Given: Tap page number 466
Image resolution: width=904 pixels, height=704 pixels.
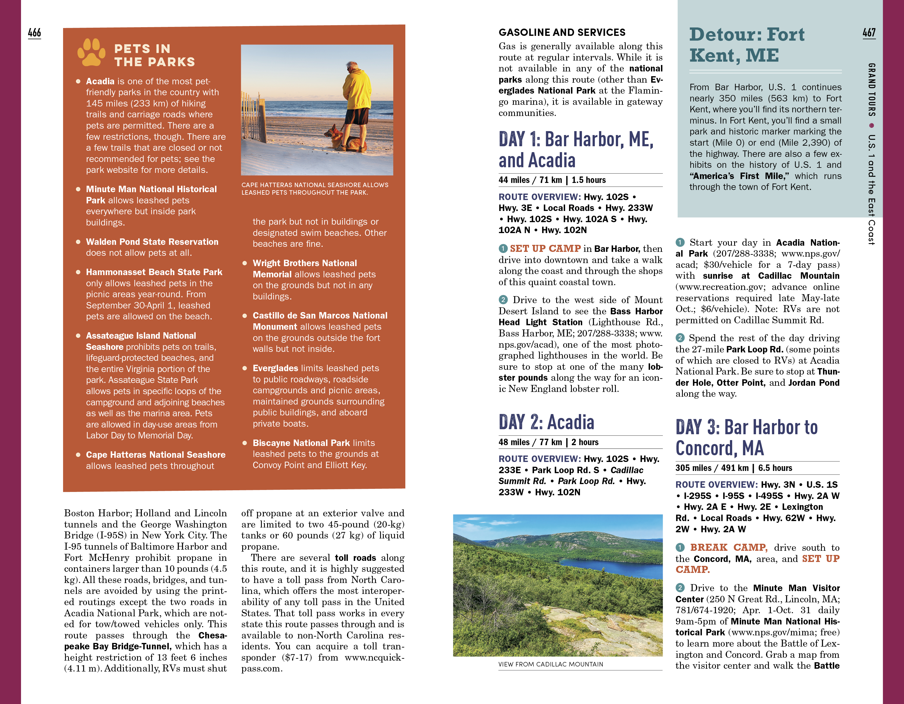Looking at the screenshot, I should (34, 33).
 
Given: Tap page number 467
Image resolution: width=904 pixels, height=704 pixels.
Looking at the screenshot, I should (869, 33).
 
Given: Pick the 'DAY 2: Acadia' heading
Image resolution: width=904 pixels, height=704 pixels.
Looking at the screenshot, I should (546, 422).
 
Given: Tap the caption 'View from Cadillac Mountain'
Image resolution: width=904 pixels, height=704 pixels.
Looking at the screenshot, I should (551, 664).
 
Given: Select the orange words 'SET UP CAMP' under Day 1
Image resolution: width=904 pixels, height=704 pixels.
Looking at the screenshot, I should (545, 248).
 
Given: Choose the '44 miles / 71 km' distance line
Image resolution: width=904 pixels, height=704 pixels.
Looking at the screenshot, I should (530, 180).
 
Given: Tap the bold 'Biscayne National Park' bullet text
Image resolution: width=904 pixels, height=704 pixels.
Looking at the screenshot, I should (301, 443).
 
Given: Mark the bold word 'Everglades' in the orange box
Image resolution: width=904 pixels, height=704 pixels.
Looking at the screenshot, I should (275, 368).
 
